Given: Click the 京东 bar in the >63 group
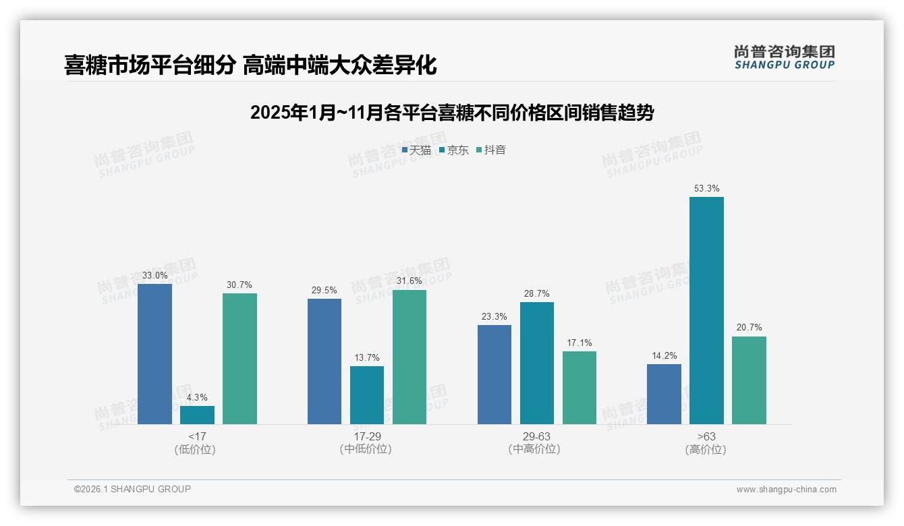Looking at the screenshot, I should (706, 310).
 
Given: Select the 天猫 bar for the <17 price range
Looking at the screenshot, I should (154, 354).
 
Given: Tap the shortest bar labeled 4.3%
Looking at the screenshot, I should (197, 415).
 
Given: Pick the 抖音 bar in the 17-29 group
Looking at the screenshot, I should (409, 357).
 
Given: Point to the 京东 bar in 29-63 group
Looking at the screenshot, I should (537, 363).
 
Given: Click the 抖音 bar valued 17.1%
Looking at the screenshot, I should (580, 387).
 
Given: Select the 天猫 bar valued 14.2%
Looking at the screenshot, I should (664, 394).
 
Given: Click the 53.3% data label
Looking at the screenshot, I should (706, 189).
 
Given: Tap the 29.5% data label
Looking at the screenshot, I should (324, 291).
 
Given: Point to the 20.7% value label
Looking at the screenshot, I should (749, 328).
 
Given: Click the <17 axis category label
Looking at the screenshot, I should (197, 436).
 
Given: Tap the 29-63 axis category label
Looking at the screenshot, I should (537, 436).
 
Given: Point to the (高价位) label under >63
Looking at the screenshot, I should (706, 450).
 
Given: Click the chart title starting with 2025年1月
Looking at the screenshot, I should (451, 113).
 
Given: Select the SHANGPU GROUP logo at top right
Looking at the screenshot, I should (784, 57).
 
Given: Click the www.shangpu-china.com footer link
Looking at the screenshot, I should (786, 490).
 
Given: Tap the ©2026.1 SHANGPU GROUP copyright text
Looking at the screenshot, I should (132, 489).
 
